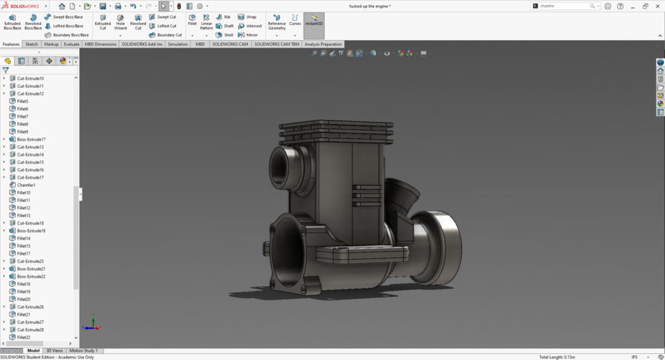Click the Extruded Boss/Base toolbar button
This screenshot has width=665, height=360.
12,21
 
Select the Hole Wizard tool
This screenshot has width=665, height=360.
120,21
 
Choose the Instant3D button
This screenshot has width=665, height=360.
314,21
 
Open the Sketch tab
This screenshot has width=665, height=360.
31,44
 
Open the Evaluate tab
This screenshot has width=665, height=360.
71,44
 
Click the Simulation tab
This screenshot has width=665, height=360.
177,44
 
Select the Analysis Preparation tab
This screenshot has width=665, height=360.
323,44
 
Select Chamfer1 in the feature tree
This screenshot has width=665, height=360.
26,185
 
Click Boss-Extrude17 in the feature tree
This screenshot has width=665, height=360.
31,139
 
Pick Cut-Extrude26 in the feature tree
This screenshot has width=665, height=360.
30,307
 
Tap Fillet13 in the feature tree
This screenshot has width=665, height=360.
24,215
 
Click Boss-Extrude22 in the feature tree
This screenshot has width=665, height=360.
31,276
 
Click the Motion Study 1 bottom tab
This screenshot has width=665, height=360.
83,351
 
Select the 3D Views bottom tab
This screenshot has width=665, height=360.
54,351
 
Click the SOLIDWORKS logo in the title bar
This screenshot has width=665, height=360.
21,6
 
